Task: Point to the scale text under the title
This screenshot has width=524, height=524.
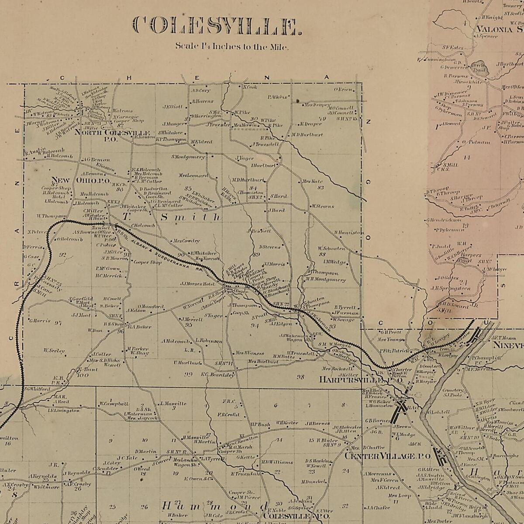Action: [232, 46]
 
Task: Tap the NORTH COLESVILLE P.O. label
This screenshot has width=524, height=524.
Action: [113, 134]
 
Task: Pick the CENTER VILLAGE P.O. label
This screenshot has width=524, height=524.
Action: [388, 456]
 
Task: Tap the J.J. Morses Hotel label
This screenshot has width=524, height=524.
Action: [197, 284]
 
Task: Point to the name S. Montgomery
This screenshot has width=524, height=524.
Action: [188, 157]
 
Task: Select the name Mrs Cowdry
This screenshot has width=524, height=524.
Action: [186, 241]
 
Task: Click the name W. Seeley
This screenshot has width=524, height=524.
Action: [54, 350]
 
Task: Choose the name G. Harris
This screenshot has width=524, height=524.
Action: [40, 321]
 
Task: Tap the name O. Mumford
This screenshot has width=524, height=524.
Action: [151, 307]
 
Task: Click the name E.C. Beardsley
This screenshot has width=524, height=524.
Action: [217, 374]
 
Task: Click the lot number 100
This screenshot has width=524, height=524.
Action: [83, 375]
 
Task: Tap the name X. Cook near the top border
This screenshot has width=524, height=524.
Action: [250, 87]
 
